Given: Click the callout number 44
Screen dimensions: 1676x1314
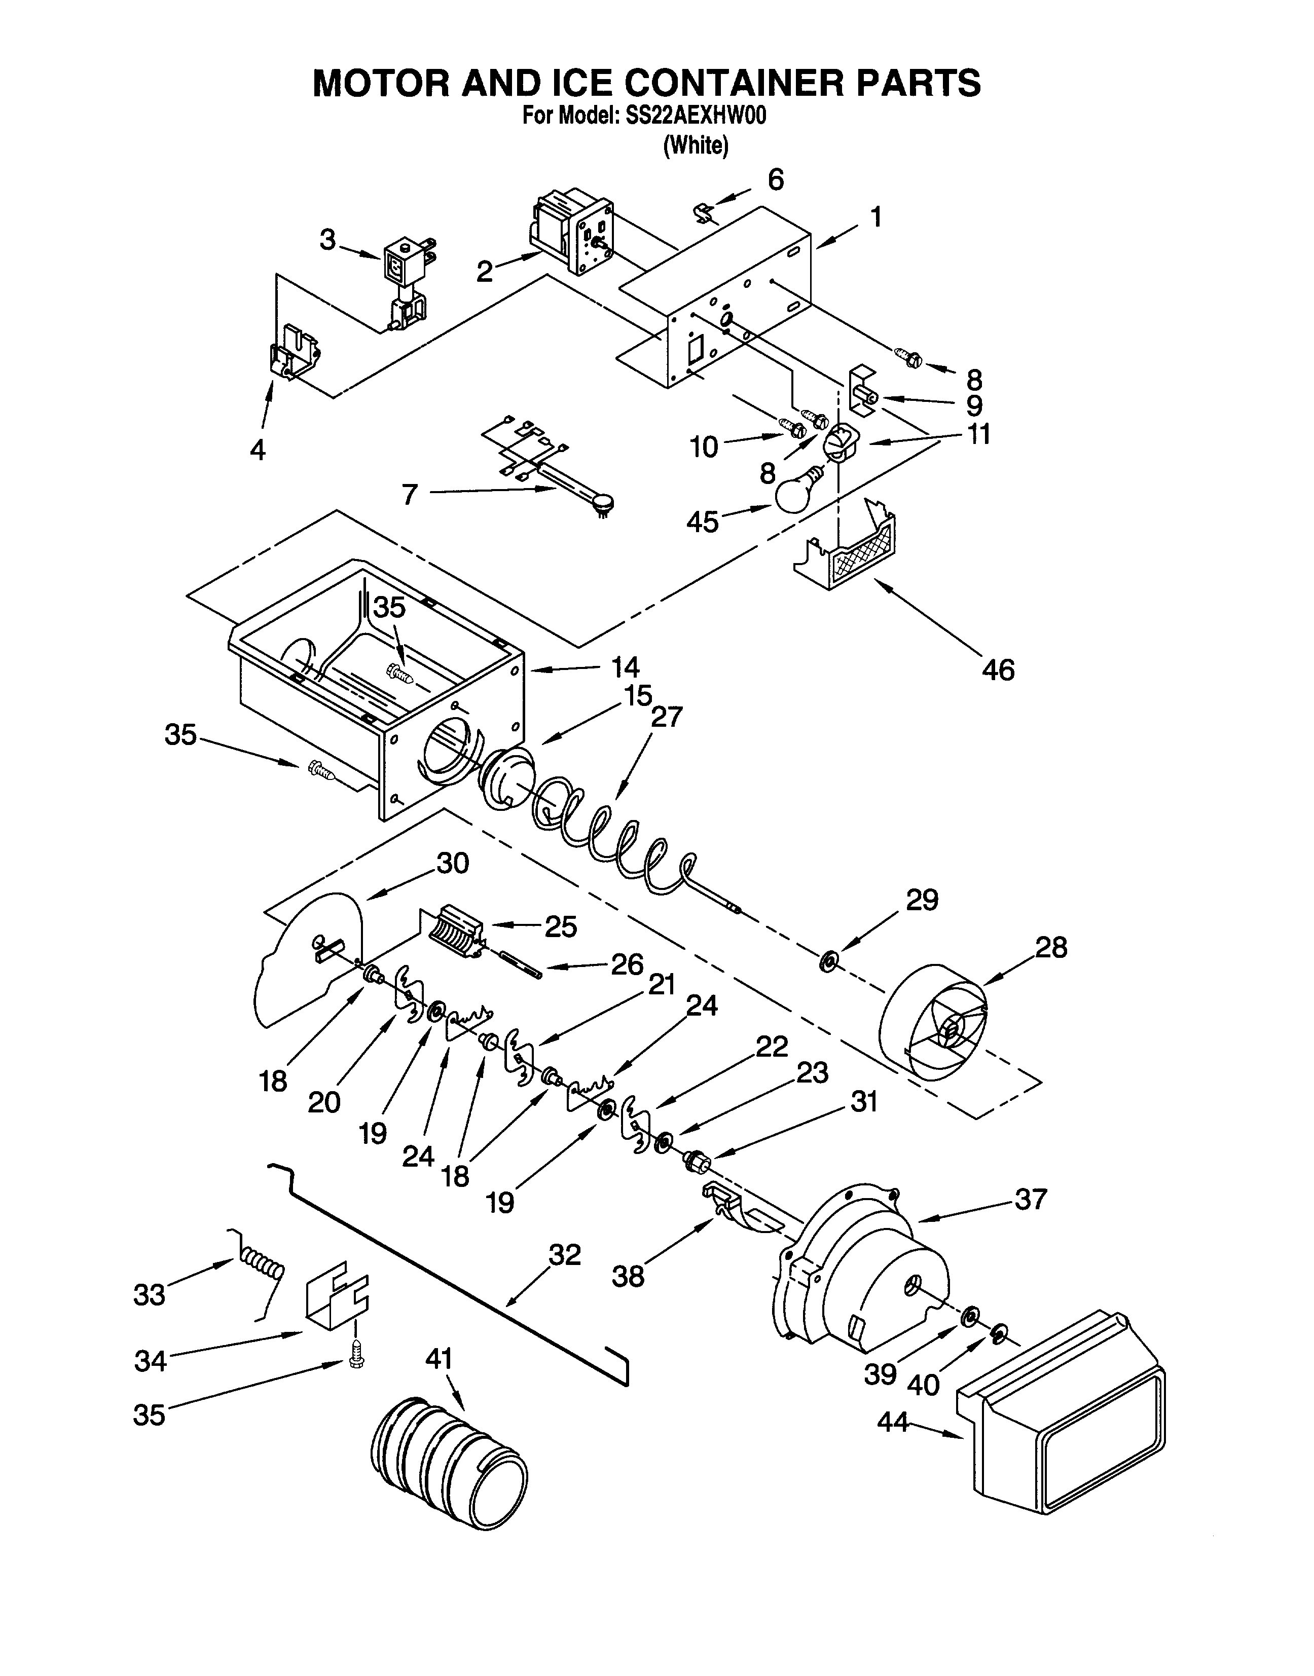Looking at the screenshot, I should (x=893, y=1423).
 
